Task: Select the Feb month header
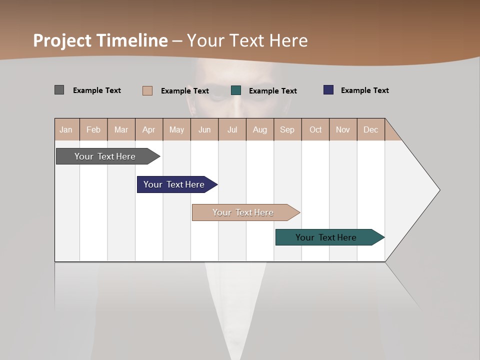[x=93, y=129]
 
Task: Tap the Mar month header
[x=121, y=129]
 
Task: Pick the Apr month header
[x=149, y=129]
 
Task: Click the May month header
[x=176, y=129]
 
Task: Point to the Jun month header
[x=204, y=129]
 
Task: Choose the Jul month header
[x=232, y=129]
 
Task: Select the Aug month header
[x=260, y=129]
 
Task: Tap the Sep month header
[x=287, y=129]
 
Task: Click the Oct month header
[x=315, y=129]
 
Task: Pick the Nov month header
[x=343, y=129]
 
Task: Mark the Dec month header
[x=371, y=129]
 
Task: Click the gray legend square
[x=59, y=90]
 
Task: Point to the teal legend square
[x=236, y=90]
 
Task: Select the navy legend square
[x=328, y=90]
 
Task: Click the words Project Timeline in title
[x=100, y=40]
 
